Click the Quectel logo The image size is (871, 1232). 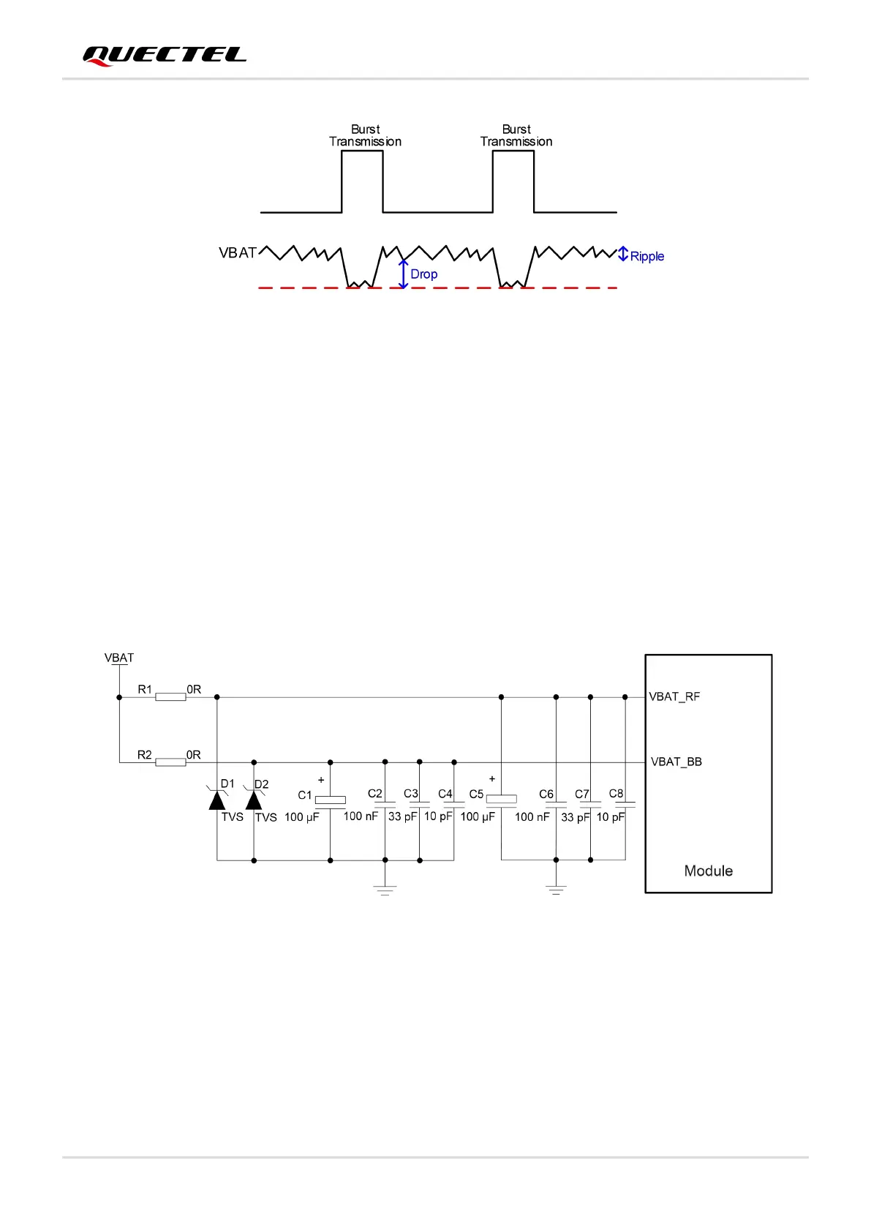tap(164, 56)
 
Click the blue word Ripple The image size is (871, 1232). tap(647, 257)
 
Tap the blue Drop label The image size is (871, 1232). tap(424, 274)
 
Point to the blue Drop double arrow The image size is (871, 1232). tap(403, 274)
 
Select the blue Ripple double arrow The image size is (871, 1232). tap(623, 254)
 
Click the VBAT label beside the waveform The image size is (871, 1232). tap(238, 253)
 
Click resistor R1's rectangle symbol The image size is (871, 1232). tap(170, 697)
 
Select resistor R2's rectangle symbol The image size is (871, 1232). tap(170, 762)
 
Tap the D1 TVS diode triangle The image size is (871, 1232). tap(217, 800)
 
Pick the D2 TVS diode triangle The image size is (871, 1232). tap(254, 800)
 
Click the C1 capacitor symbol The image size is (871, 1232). tap(330, 800)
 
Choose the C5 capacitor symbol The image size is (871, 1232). tap(501, 800)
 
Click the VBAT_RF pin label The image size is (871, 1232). tap(674, 697)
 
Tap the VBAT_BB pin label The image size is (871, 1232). tap(676, 762)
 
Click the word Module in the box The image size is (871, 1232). tap(708, 871)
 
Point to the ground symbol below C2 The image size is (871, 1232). tap(385, 890)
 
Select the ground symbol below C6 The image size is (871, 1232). tap(556, 890)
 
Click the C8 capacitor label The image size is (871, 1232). tap(617, 794)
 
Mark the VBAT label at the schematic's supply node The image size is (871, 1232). tap(119, 658)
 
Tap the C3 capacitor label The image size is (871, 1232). tap(411, 794)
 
